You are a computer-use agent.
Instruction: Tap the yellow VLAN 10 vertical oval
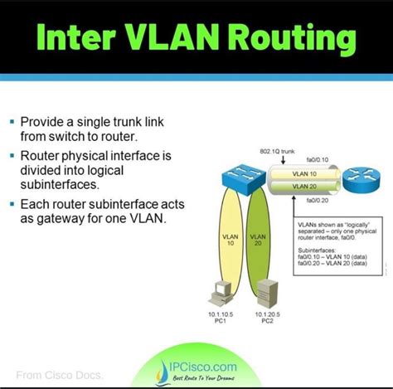pyautogui.click(x=231, y=241)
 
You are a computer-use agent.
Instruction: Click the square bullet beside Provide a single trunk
pyautogui.click(x=12, y=120)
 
